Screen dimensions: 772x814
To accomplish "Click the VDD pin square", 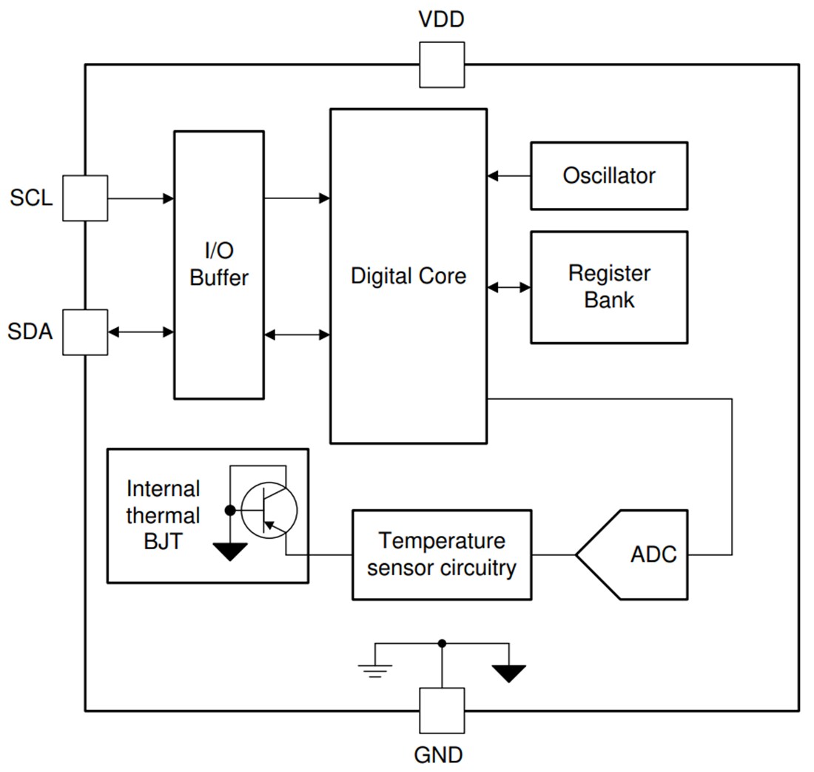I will pos(442,64).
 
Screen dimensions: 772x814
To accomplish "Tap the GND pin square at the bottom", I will pos(442,711).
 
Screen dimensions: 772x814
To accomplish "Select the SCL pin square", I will pos(84,198).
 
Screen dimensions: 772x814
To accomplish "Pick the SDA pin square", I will pos(84,332).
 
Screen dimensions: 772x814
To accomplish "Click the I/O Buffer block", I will pos(218,265).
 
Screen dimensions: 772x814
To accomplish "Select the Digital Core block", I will pos(408,276).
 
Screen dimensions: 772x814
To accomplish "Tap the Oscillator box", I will pos(608,176).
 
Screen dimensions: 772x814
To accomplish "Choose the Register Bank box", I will pos(608,287).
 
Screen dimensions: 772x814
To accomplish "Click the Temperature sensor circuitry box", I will pos(441,554).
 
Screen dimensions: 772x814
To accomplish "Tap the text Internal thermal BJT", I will pos(163,515).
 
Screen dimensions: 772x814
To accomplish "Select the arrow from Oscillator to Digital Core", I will pos(509,176).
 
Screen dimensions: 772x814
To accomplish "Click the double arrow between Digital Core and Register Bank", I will pos(509,287).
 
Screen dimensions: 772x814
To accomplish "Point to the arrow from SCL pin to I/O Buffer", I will pos(141,198).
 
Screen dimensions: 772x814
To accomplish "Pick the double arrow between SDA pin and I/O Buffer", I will pos(141,332).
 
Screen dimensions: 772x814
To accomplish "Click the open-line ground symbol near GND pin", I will pos(374,670).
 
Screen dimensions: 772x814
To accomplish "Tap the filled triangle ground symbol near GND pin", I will pos(508,673).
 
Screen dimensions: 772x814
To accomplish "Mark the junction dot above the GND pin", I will pos(442,644).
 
